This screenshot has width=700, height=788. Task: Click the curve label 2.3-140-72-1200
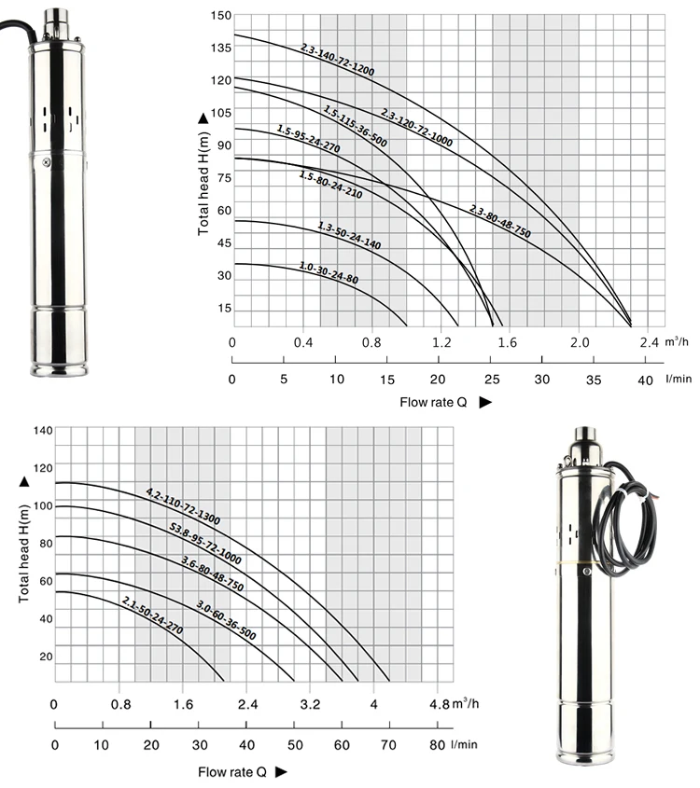pyautogui.click(x=338, y=61)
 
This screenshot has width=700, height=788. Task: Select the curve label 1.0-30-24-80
pyautogui.click(x=329, y=273)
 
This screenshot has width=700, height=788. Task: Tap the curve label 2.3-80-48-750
pyautogui.click(x=500, y=221)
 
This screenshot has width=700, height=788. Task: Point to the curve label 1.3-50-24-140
pyautogui.click(x=349, y=235)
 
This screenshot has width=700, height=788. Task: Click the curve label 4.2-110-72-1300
pyautogui.click(x=183, y=506)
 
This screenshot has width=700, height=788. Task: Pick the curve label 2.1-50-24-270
pyautogui.click(x=152, y=615)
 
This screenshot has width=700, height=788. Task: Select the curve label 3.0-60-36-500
pyautogui.click(x=226, y=620)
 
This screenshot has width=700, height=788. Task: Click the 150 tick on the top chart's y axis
pyautogui.click(x=221, y=16)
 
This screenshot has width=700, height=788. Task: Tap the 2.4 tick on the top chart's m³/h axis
pyautogui.click(x=650, y=343)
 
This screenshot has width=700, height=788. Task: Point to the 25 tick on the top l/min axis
pyautogui.click(x=492, y=380)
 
